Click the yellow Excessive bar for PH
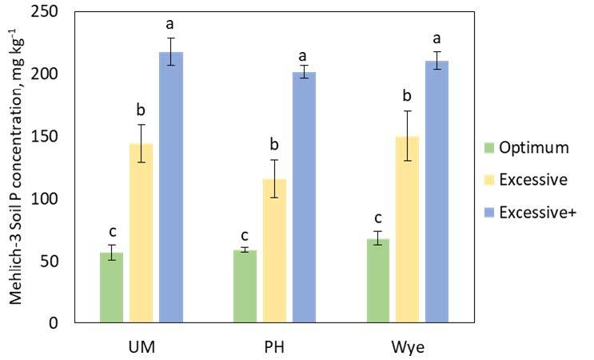pos(275,251)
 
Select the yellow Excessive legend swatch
pos(488,180)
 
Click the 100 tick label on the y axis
pos(51,198)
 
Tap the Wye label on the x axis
pos(408,347)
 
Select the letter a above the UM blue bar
pos(170,23)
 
